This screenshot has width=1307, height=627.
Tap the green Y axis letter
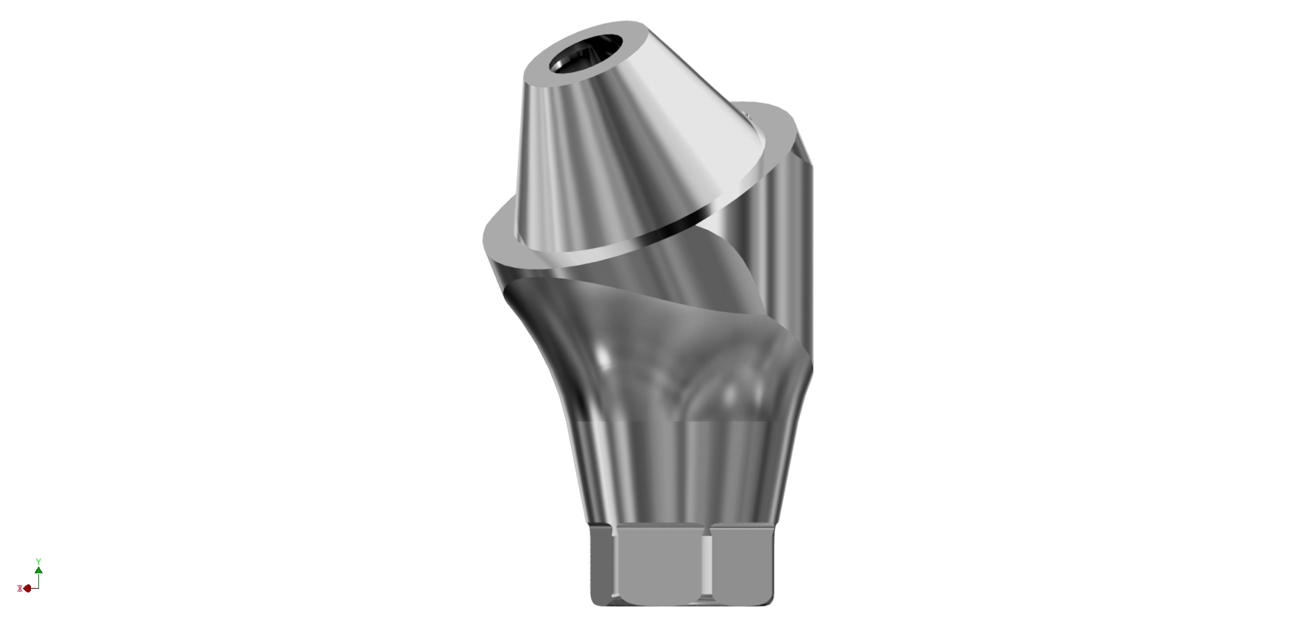pyautogui.click(x=38, y=562)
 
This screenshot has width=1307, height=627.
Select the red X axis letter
pyautogui.click(x=19, y=588)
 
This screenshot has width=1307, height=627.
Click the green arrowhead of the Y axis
pyautogui.click(x=38, y=570)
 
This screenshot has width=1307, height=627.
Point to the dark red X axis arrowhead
pyautogui.click(x=27, y=588)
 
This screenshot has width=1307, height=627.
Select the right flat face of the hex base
pyautogui.click(x=743, y=564)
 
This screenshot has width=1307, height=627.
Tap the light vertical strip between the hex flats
pyautogui.click(x=708, y=565)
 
